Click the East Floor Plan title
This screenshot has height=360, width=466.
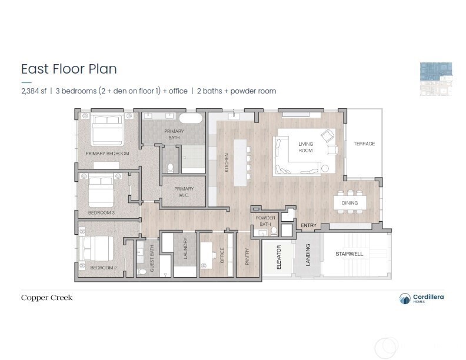point(69,69)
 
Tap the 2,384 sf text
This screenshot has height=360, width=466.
point(33,91)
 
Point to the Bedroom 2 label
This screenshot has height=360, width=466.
point(102,268)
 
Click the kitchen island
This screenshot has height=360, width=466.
point(240,162)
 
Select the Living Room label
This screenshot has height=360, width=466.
point(305,147)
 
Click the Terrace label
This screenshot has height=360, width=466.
point(364,144)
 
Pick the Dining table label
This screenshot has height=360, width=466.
point(350,203)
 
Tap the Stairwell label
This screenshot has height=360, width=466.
point(349,254)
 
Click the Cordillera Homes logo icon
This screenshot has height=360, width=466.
point(405,299)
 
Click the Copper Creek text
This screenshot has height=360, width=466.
point(47,298)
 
